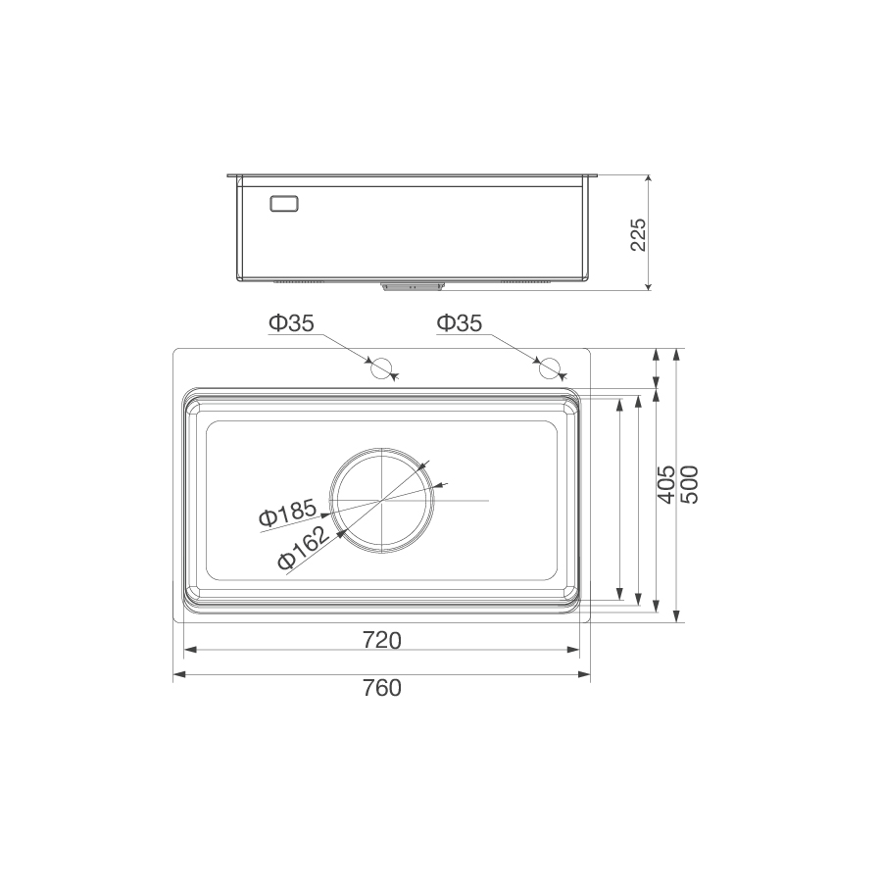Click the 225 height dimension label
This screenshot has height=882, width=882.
point(637,234)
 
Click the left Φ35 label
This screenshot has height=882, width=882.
point(292,323)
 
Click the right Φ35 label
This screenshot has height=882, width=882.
point(460,323)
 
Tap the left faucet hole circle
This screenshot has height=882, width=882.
point(380,368)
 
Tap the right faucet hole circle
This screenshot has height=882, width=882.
point(550,368)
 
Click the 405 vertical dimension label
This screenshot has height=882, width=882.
point(665,485)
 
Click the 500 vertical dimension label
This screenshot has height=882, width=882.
point(689,485)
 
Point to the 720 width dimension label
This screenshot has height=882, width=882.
point(381,641)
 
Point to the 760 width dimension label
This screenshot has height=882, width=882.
point(381,688)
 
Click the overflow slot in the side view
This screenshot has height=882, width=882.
point(284,204)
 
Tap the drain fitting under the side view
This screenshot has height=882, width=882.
point(411,286)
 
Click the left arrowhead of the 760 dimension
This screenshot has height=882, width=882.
point(179,674)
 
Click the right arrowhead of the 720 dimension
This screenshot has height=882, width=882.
point(573,649)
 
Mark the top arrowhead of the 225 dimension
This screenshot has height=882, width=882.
point(649,181)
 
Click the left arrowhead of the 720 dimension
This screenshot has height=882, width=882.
point(190,649)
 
